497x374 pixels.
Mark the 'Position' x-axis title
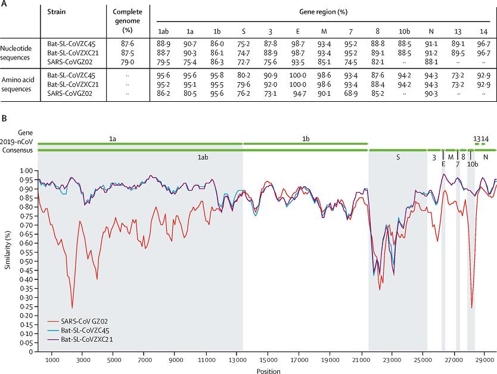266,370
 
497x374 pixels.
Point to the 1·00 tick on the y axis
27,171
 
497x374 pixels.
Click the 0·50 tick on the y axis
27,261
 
